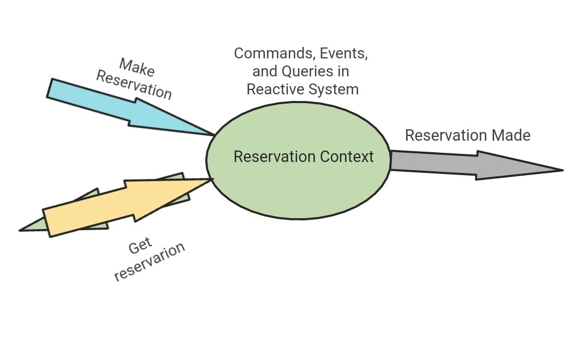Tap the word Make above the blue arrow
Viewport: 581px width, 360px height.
tap(137, 68)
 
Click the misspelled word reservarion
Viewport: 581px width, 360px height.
tap(150, 261)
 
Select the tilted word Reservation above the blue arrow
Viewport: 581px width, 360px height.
tap(134, 85)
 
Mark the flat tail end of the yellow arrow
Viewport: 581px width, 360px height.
tap(47, 223)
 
